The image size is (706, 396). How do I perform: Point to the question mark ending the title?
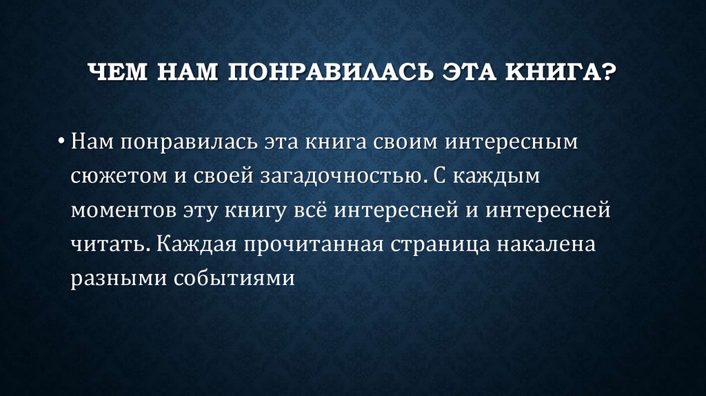(608, 72)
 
